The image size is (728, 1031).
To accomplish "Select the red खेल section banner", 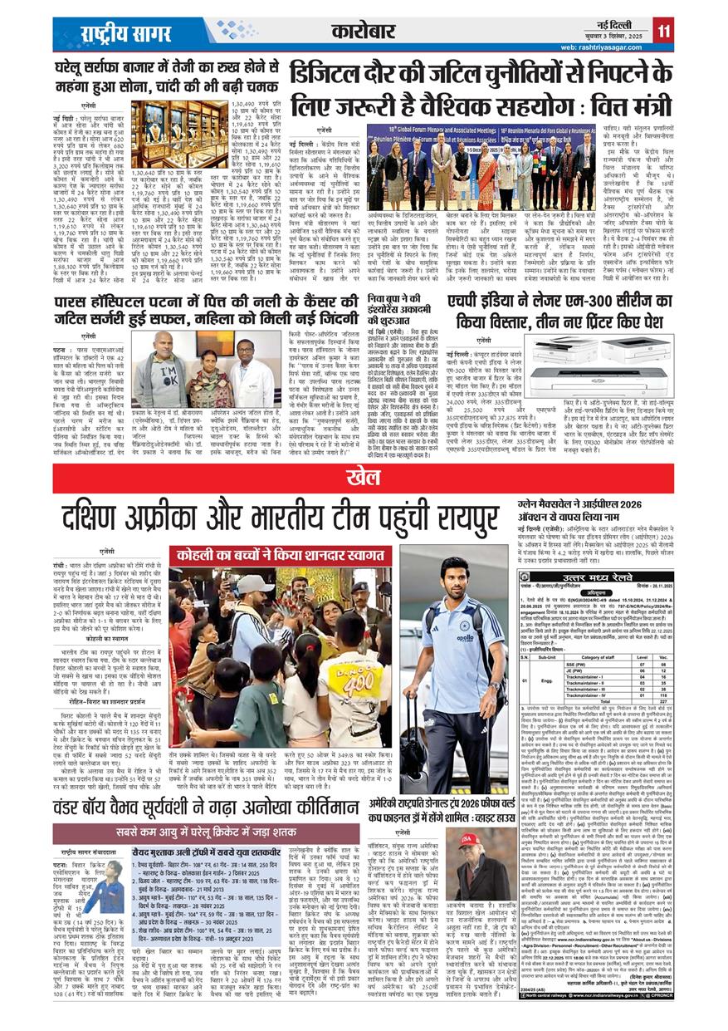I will [x=364, y=476].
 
